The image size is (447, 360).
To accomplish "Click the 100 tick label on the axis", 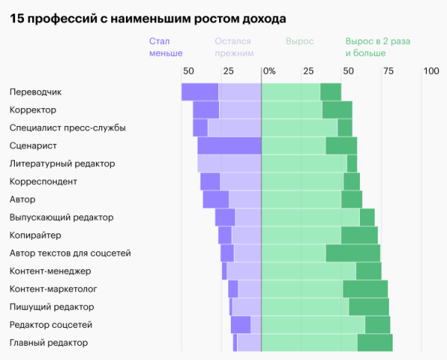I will coord(431,71).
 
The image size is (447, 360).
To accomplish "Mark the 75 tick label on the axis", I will coord(388,71).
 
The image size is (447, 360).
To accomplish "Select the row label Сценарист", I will coord(33,145).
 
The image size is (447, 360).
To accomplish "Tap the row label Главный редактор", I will coord(48,342).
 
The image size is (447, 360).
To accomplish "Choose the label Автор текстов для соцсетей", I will coord(70,253).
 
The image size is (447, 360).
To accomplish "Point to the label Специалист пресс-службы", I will coord(67,127).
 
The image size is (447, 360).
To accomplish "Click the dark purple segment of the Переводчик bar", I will coord(200,92).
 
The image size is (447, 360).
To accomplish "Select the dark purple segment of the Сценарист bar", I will coord(229,145).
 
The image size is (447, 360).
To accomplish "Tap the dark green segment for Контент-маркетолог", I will coord(365,288).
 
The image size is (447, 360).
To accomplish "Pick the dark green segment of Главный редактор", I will coord(375,342).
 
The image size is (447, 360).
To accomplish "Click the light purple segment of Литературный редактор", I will coord(229,163).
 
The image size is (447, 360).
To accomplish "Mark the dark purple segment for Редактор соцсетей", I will coord(241,324).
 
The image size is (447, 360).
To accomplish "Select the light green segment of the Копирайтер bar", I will coord(301,235).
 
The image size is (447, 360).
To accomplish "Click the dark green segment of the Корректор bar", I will coord(337,110).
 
